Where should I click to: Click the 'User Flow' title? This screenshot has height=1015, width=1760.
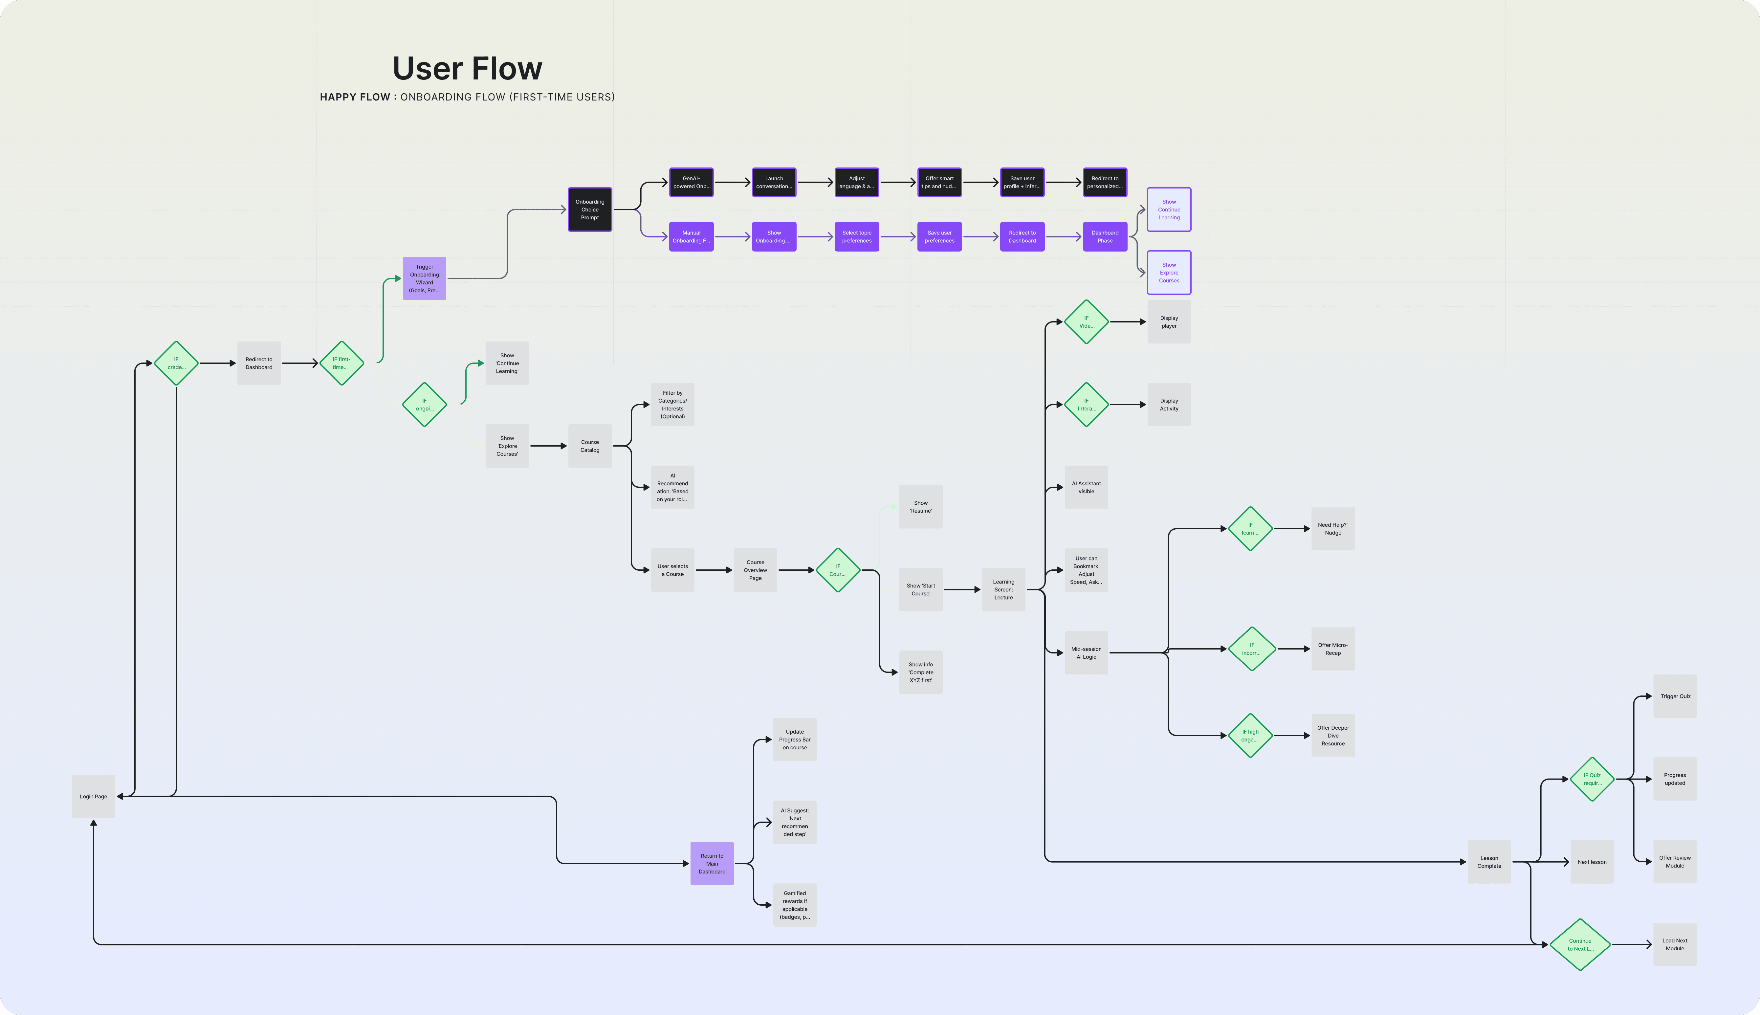(x=467, y=68)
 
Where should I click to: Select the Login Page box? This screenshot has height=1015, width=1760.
(x=93, y=796)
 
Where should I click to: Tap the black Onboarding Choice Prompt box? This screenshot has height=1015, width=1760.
(x=590, y=209)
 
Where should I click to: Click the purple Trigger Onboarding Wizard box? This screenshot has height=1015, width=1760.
(x=425, y=278)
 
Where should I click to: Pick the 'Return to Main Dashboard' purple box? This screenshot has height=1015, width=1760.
(x=712, y=864)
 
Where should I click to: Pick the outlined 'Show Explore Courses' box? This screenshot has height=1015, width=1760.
(x=1169, y=273)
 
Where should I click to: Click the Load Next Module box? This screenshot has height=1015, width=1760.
(x=1675, y=945)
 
